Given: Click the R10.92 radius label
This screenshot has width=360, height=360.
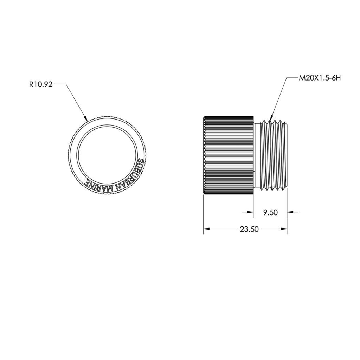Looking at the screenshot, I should [x=41, y=84].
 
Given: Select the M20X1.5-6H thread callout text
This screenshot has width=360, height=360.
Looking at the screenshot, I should [x=320, y=78].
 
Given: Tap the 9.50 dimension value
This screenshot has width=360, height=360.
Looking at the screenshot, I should [x=271, y=212].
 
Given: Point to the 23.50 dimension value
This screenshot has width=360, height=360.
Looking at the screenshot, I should [x=249, y=229].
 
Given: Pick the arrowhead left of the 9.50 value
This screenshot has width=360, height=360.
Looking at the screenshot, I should [x=250, y=212].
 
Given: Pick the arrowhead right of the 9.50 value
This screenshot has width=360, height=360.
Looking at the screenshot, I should [x=290, y=212].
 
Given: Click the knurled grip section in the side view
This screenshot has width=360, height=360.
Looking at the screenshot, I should [x=229, y=155].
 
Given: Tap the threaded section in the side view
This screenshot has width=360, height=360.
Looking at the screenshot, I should [x=274, y=155].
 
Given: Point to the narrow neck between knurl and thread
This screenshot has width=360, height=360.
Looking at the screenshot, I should [x=257, y=155].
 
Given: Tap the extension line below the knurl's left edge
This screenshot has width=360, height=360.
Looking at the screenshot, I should [x=204, y=214].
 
